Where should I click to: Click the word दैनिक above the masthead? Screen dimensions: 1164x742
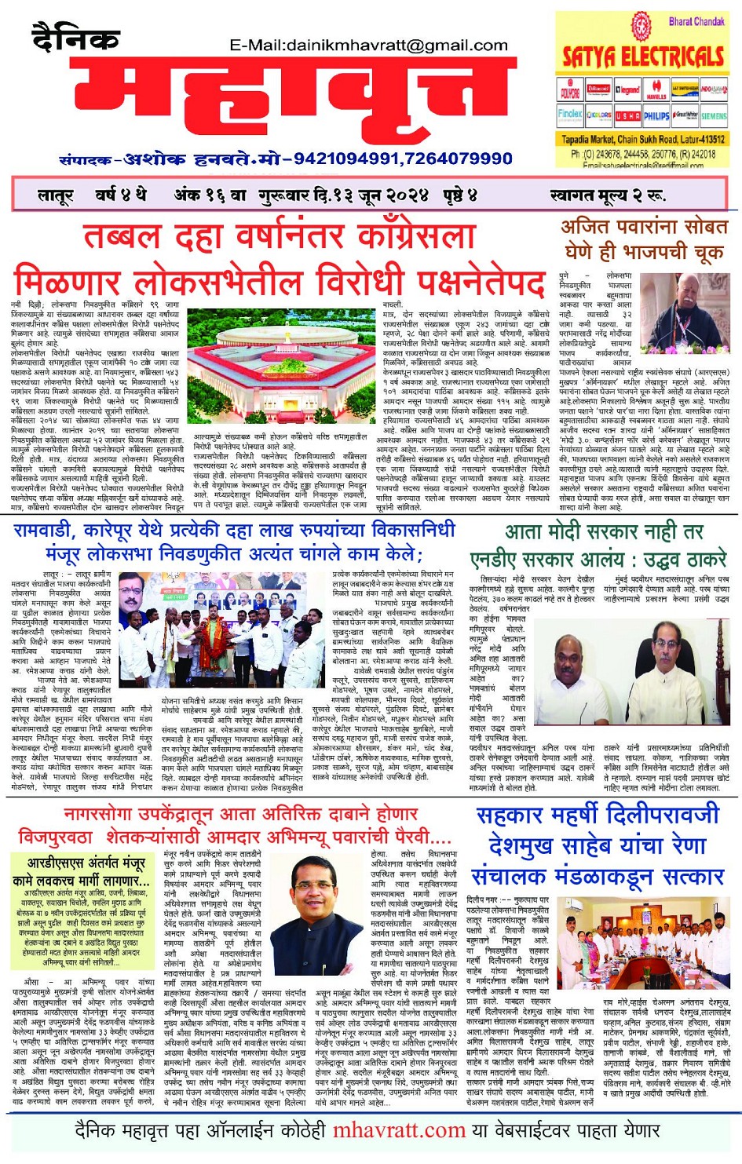coord(76,37)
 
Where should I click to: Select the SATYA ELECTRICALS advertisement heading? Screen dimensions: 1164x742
coord(642,57)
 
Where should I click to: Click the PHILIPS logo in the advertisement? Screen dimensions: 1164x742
coord(656,115)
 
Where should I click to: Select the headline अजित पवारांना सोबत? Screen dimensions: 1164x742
coord(644,228)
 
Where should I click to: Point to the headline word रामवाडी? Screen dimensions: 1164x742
coord(53,531)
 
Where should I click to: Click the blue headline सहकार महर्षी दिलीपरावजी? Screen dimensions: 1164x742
coord(598,814)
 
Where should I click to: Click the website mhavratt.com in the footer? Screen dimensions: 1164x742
coord(399,1130)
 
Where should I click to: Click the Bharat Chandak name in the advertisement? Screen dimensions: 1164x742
coord(696,21)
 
